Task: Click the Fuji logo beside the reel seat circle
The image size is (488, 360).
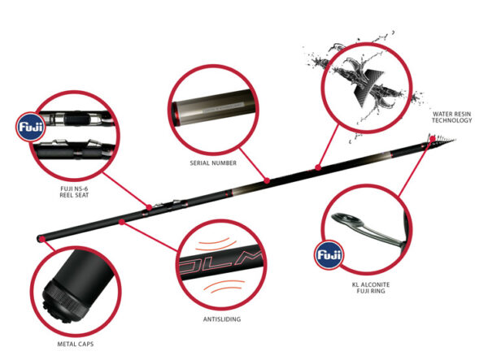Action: point(31,127)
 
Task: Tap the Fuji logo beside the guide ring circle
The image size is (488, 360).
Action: point(329,254)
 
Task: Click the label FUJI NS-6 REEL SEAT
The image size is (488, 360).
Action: point(74,192)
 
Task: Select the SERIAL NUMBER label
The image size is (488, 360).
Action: point(213,163)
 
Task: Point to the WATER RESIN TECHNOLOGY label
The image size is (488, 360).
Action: point(451,117)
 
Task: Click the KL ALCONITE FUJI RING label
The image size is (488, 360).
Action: point(371,288)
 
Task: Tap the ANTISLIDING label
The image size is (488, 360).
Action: point(222,319)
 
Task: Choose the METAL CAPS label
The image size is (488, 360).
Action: point(76,344)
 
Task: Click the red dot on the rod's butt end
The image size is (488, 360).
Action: point(41,239)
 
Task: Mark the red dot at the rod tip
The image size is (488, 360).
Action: point(433,139)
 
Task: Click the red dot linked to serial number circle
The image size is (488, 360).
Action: point(267,180)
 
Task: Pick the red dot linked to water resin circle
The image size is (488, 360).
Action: point(318,167)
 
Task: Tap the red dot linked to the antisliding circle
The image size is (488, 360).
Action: point(122,222)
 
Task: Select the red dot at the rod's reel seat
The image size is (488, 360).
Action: point(149,207)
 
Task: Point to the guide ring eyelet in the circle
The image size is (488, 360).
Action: point(348,220)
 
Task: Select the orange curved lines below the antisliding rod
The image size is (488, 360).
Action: point(224,286)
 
